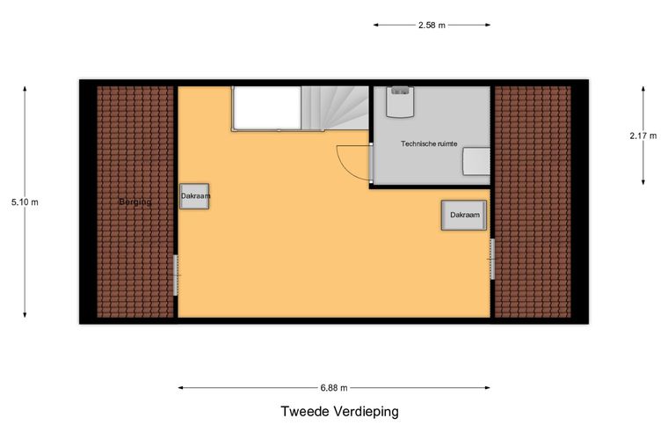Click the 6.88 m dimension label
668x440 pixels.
[334, 387]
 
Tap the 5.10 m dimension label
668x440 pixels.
[25, 202]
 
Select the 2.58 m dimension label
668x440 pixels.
[432, 26]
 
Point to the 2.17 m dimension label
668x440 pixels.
[643, 135]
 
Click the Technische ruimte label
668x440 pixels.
[429, 143]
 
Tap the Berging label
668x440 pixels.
[135, 202]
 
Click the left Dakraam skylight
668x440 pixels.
[195, 196]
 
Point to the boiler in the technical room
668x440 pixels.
[401, 101]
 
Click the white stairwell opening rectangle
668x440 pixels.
[266, 107]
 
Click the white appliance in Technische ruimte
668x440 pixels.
[476, 161]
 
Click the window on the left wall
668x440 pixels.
[176, 275]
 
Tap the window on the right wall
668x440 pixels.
[491, 259]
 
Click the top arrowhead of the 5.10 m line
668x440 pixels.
[25, 88]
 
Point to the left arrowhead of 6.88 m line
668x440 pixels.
[181, 387]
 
